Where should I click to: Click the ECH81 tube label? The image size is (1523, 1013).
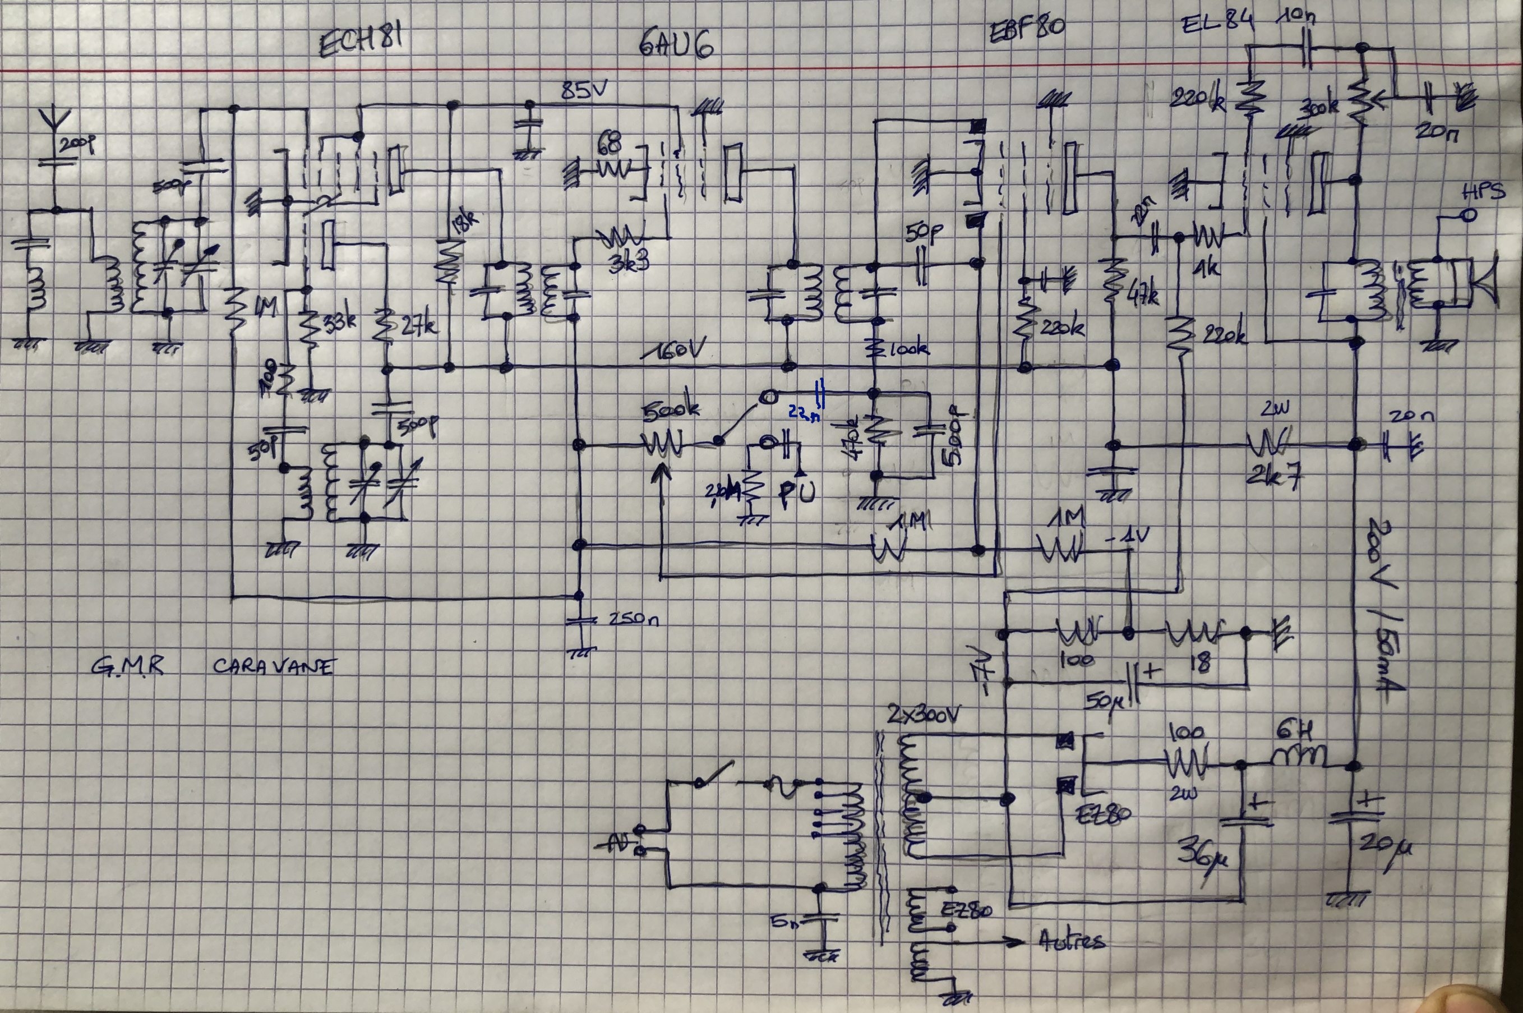click(x=362, y=42)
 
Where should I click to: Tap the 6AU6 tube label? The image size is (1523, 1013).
click(x=676, y=45)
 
